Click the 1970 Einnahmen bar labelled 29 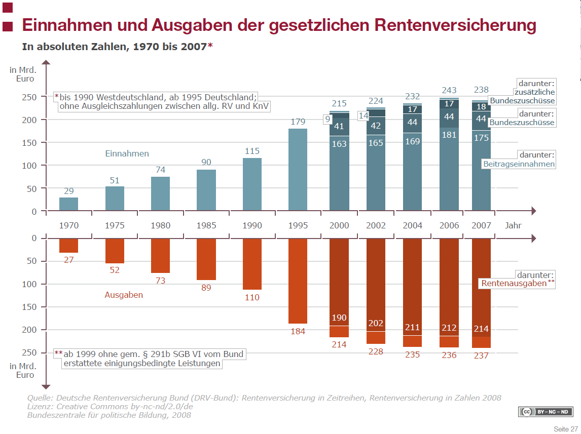tap(68, 204)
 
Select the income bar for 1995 tap(298, 170)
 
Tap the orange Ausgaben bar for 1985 tap(206, 259)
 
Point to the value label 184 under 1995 tap(298, 332)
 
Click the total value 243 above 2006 tap(449, 91)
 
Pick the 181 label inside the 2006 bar tap(449, 135)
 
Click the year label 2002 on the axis tap(376, 225)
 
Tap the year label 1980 tap(160, 225)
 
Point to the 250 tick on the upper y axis tap(30, 97)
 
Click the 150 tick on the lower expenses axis tap(30, 307)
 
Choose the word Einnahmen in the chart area tap(127, 153)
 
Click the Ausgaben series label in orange tap(124, 295)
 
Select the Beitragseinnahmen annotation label tap(518, 164)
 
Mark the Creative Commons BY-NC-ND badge tap(545, 412)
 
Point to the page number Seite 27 tap(565, 429)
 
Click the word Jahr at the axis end tap(513, 225)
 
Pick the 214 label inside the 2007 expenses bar tap(481, 329)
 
